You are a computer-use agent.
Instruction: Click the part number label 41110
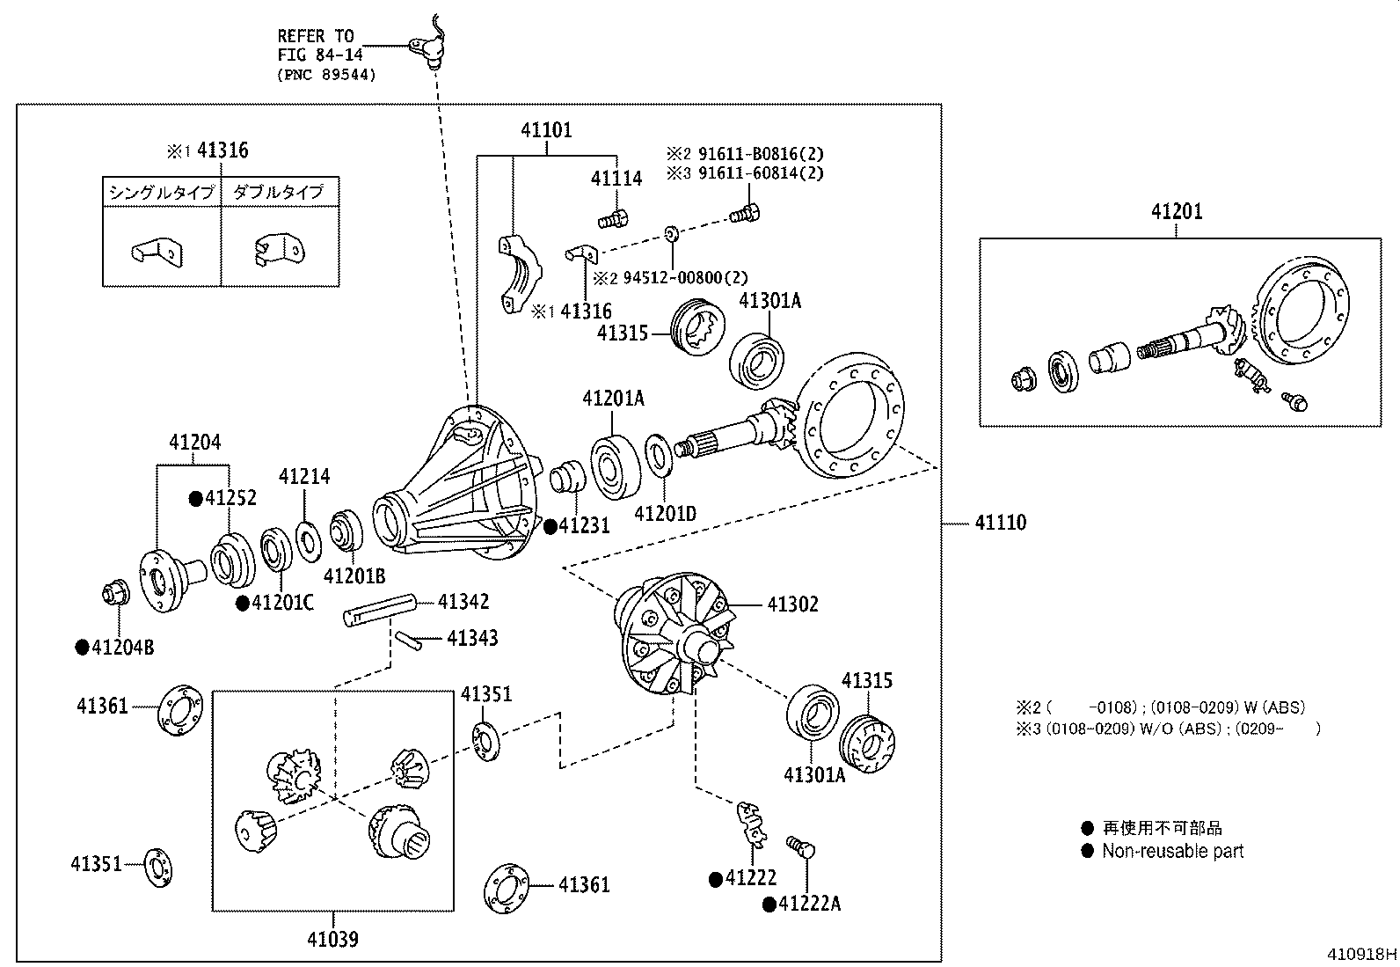point(1000,523)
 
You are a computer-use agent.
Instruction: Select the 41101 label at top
point(546,130)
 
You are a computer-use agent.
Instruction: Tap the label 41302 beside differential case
point(792,604)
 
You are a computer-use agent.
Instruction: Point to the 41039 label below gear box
point(332,940)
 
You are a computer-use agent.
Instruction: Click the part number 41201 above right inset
point(1178,211)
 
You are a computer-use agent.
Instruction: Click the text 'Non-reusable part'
point(1172,851)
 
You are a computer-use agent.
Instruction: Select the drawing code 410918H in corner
point(1362,954)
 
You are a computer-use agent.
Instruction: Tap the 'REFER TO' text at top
point(316,36)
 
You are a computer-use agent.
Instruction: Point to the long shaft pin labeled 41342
point(379,610)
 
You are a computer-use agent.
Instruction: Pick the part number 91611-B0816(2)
point(761,152)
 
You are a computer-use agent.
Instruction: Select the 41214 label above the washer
point(304,476)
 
